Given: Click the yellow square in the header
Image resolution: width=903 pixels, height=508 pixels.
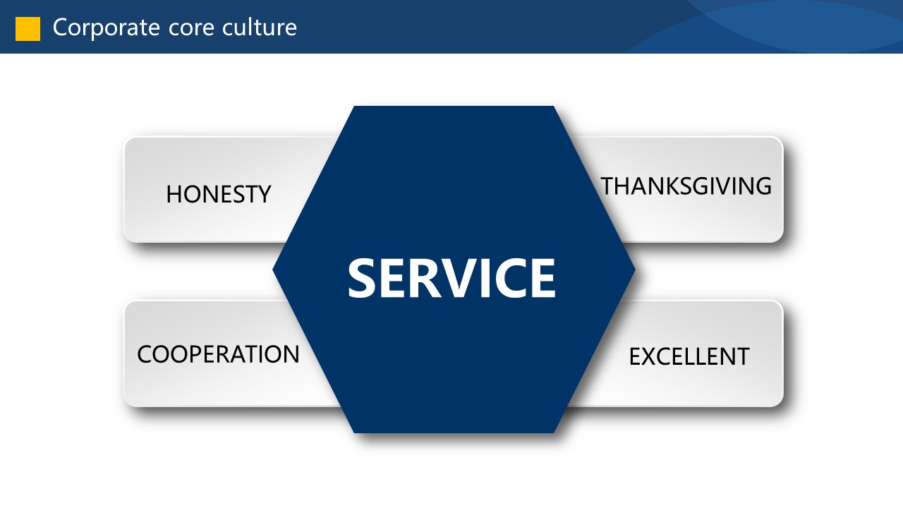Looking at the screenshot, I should pos(28,28).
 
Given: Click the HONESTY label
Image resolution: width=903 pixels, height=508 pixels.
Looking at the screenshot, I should pos(218,194).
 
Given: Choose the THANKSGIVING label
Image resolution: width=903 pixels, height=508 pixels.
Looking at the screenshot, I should pos(686,186).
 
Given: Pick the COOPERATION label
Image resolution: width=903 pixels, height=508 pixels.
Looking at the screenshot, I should pos(218,354).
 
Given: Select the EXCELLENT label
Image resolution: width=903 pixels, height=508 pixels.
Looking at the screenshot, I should pos(689,357).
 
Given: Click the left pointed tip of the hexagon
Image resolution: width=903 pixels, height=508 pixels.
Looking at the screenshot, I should pos(275,269).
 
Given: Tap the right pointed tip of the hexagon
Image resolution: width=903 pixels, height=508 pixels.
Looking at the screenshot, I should pos(633,269).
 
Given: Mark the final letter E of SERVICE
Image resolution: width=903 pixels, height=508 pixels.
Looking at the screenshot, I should pos(540,278).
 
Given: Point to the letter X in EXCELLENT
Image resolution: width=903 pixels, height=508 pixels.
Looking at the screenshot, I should pos(651,357).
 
